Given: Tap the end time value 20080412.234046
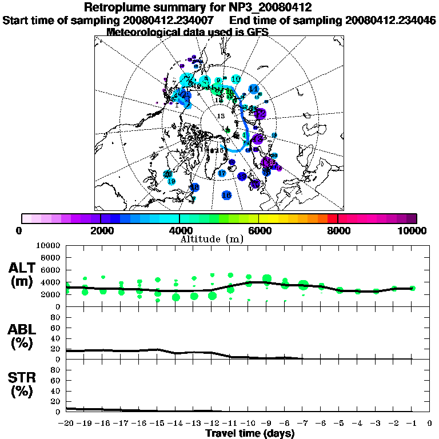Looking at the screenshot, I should (390, 20).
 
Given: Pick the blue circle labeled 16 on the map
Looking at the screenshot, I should (226, 195).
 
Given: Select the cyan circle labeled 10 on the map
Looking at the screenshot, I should (236, 79).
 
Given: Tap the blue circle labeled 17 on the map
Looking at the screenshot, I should (222, 173).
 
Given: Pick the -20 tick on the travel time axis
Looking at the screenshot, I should (67, 424).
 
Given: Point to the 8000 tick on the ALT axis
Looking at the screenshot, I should (49, 258).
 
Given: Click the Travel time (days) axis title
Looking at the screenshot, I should (250, 433).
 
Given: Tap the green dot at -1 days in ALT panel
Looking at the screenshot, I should (412, 289).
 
